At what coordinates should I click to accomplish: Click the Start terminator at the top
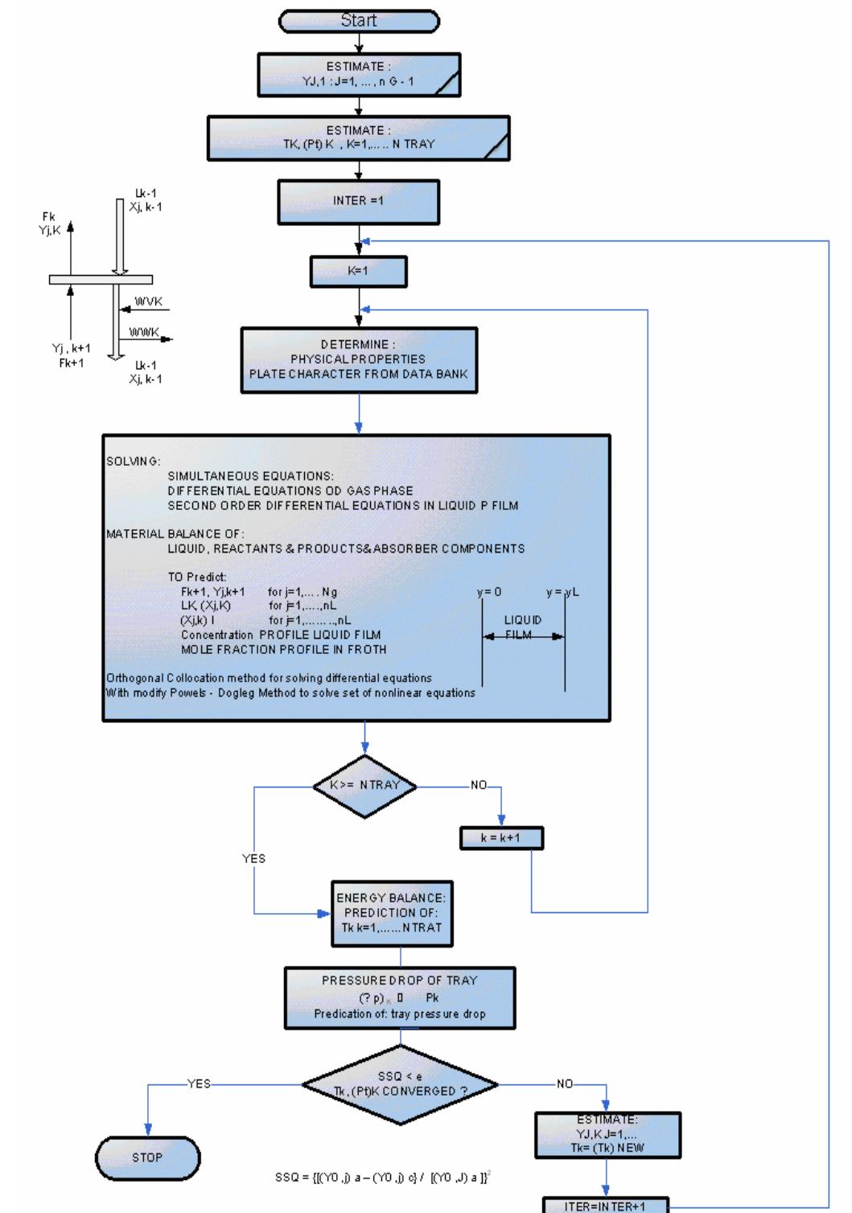pos(359,21)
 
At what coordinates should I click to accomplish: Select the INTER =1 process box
pos(359,201)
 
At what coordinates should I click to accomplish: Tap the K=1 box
pos(359,271)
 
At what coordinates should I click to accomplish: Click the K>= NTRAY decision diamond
pos(364,785)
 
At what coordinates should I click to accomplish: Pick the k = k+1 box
pos(501,838)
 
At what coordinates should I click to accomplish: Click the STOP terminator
pos(147,1158)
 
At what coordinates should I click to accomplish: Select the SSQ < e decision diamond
pos(400,1084)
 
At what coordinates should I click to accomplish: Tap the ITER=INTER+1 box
pos(605,1205)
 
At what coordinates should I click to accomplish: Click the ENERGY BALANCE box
pos(391,913)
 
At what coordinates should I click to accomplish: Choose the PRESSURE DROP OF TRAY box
pos(400,997)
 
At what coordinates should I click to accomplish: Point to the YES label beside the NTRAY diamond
pos(253,859)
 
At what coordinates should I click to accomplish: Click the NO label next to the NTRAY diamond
pos(479,785)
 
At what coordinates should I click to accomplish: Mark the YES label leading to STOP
pos(199,1083)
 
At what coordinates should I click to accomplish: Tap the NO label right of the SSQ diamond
pos(565,1083)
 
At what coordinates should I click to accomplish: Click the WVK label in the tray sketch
pos(148,302)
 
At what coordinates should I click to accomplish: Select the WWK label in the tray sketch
pos(145,332)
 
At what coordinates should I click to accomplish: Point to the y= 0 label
pos(489,592)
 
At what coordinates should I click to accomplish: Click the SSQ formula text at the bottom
pos(383,1178)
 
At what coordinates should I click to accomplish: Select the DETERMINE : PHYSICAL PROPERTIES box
pos(359,360)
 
